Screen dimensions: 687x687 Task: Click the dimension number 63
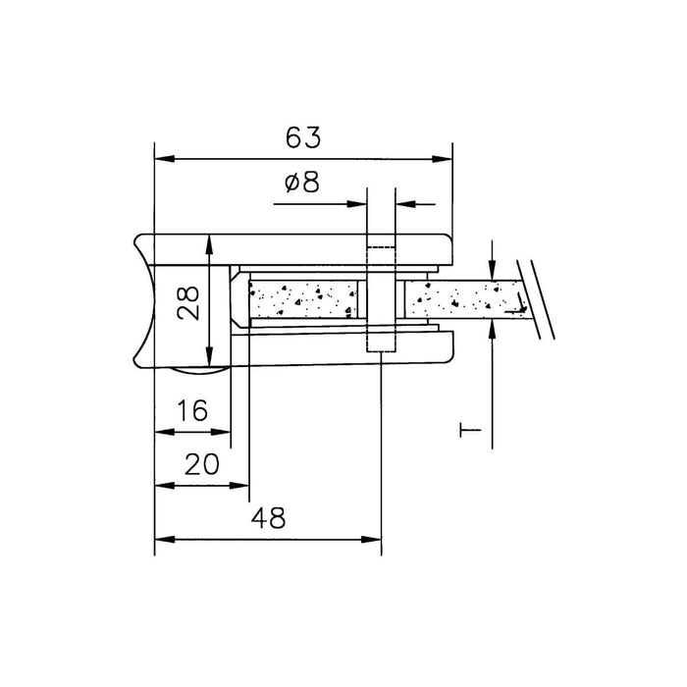303,137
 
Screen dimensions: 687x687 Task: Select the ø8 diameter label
302,183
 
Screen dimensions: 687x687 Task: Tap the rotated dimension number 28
188,303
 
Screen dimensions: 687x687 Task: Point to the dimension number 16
192,410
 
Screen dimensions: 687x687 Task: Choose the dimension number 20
201,464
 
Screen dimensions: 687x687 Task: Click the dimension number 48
268,518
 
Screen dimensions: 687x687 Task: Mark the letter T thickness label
470,430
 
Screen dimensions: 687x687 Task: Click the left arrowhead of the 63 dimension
165,159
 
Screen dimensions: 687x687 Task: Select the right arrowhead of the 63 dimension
442,159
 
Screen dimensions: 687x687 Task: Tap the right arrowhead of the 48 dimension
372,540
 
